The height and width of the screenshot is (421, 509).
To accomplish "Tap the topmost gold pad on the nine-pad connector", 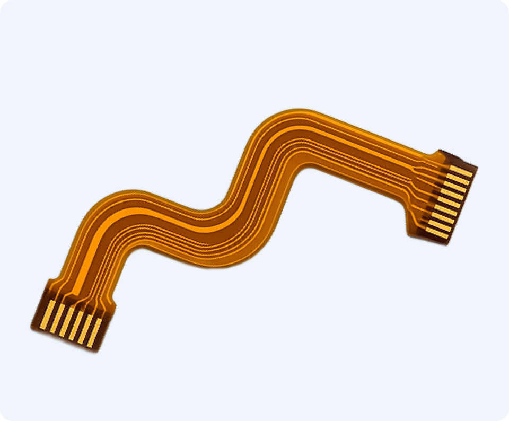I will [461, 171].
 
